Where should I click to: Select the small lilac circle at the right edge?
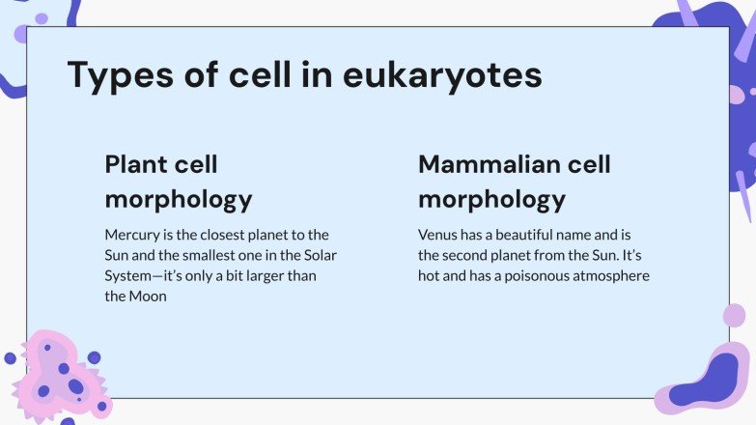tap(734, 315)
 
